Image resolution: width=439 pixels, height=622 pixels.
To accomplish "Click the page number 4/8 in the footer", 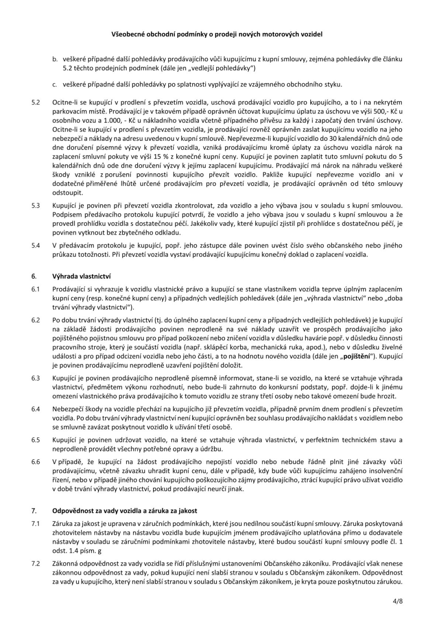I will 398,602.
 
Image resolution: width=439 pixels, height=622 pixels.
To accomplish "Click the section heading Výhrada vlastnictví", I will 82,276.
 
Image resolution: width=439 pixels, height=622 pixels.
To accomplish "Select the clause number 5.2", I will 36,103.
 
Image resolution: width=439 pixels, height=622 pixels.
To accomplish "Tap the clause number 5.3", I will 36,205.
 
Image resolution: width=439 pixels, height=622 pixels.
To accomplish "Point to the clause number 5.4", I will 36,245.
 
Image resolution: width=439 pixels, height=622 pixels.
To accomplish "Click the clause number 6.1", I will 36,289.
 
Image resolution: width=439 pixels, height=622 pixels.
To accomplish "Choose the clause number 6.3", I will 36,378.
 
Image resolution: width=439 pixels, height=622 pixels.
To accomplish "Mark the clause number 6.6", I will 36,462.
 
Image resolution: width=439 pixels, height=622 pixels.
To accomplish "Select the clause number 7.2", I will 36,564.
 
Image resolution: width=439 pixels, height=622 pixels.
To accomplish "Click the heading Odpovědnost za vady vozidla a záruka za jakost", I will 125,510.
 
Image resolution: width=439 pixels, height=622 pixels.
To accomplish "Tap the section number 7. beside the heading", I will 34,510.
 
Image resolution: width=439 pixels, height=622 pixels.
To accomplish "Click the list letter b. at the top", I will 55,59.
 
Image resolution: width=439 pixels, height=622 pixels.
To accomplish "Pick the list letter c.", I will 55,84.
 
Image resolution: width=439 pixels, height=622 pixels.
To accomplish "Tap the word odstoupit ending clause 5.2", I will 67,192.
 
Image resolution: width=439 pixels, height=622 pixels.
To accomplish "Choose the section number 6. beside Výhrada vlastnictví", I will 34,276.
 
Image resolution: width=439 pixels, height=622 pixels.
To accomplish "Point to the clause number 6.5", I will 36,440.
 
